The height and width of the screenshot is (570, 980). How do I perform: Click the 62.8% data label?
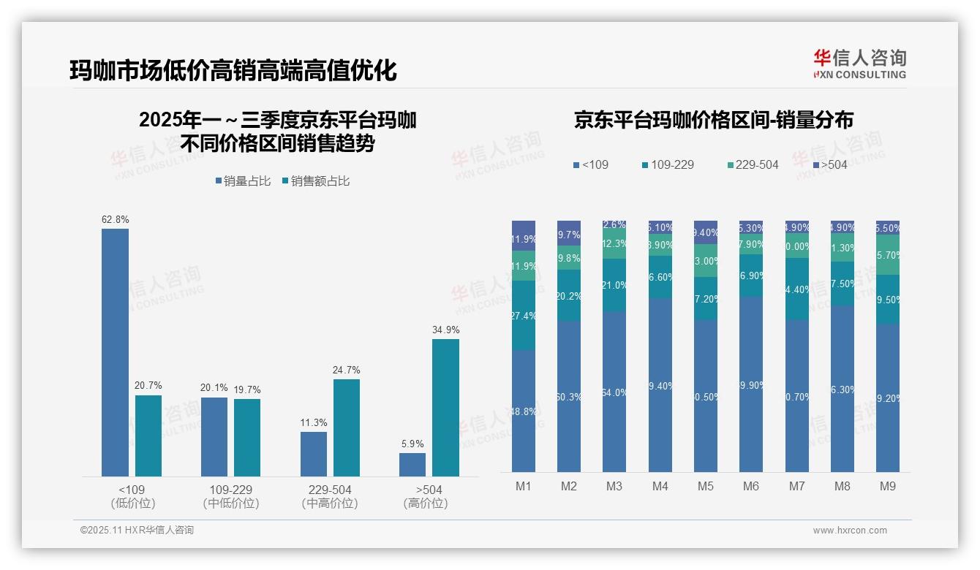click(116, 219)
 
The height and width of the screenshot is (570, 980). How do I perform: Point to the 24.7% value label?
click(346, 370)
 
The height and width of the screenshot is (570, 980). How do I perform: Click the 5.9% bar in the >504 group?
click(412, 464)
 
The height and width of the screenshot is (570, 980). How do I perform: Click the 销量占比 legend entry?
click(243, 181)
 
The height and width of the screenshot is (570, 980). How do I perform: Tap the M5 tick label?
click(705, 486)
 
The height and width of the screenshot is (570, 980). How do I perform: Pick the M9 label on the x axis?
click(887, 486)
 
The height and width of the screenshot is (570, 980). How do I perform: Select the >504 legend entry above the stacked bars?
click(829, 165)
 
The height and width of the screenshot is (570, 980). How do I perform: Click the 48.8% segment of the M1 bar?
click(524, 411)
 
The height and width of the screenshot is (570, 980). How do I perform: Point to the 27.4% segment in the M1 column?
click(524, 316)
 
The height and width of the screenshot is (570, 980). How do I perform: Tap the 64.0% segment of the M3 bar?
click(614, 392)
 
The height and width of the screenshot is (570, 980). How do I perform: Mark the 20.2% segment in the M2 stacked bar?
click(569, 296)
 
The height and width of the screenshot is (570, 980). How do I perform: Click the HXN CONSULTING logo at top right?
click(859, 64)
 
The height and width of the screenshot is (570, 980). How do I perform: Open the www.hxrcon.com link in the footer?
click(850, 531)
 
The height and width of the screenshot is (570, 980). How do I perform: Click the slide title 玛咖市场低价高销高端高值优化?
click(233, 70)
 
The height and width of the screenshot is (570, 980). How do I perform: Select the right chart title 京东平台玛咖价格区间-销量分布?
click(713, 120)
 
